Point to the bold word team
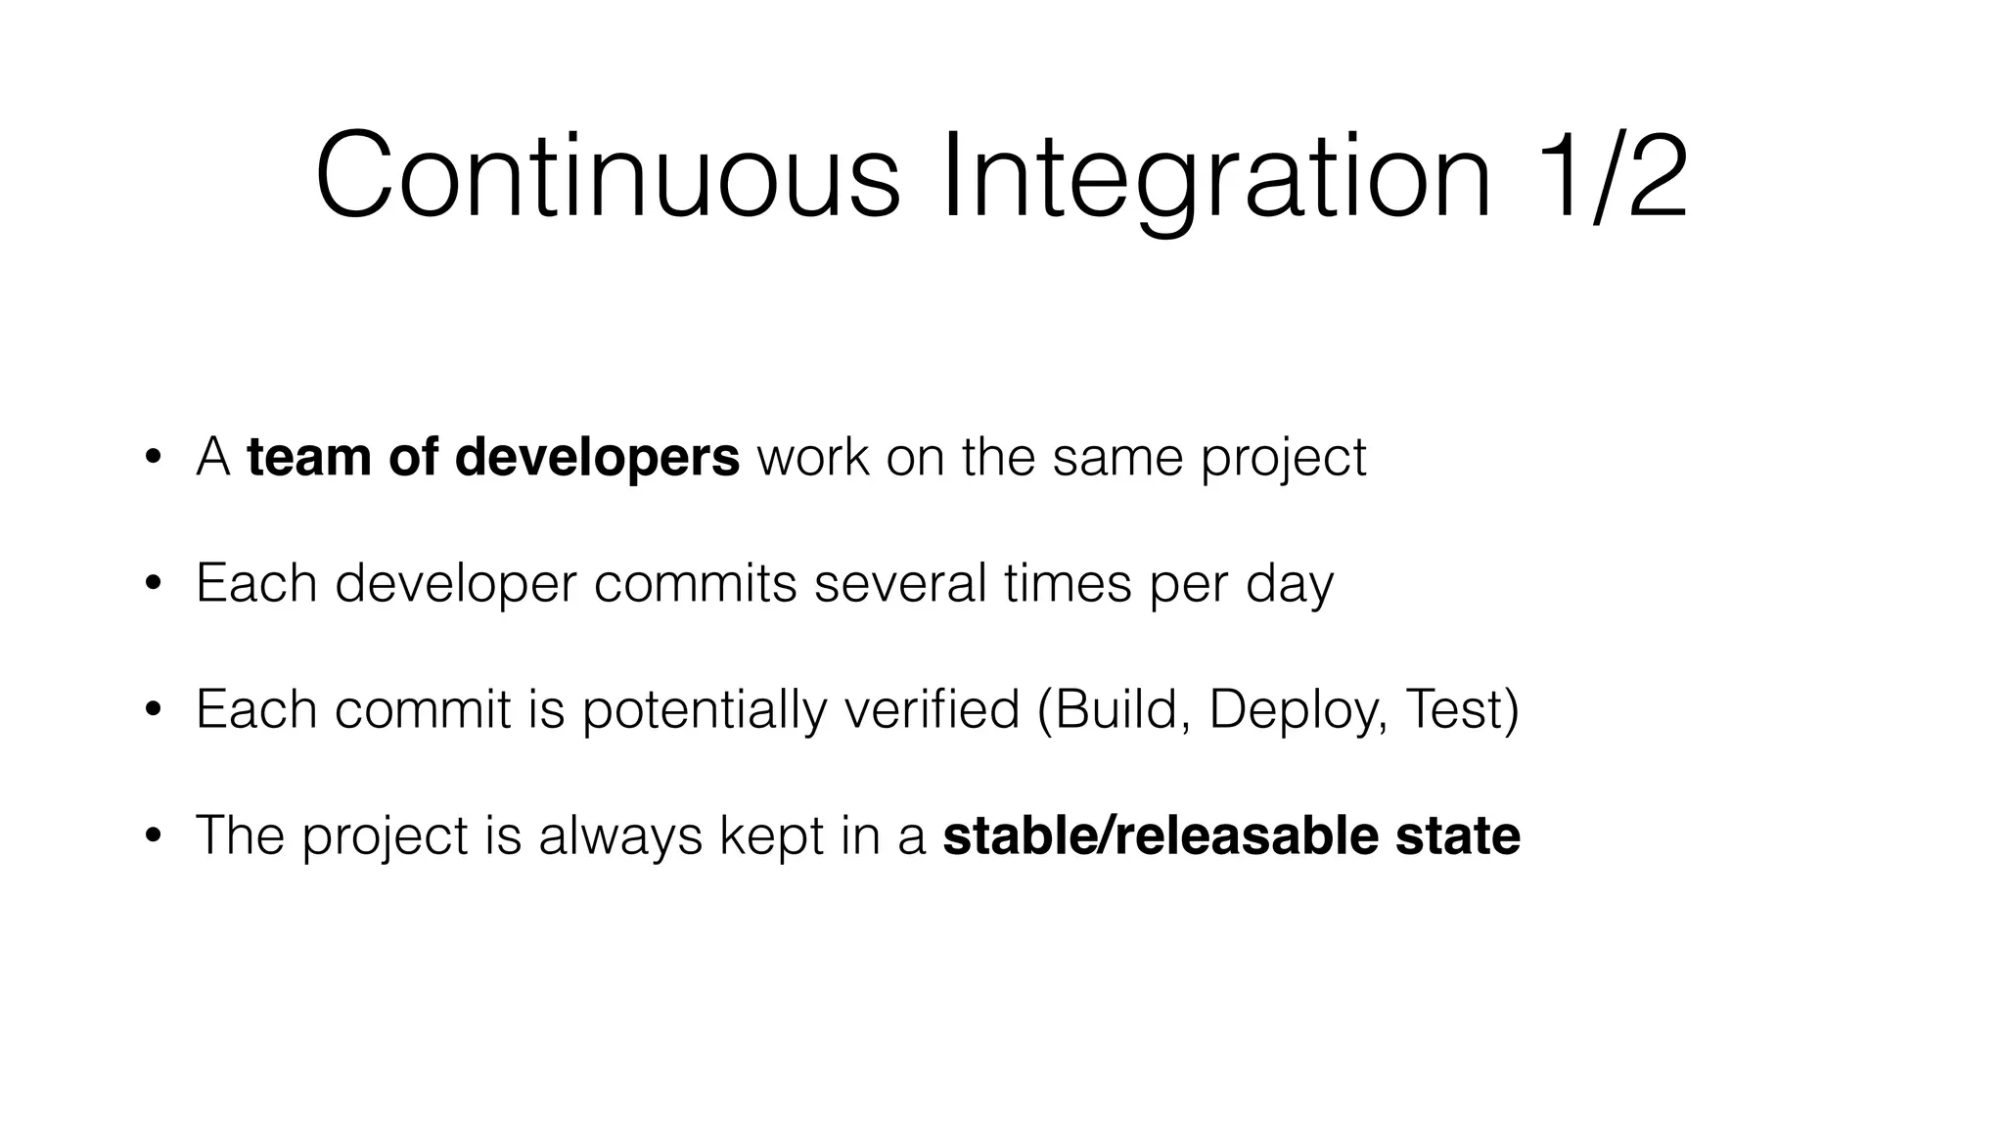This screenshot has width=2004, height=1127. (x=309, y=457)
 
